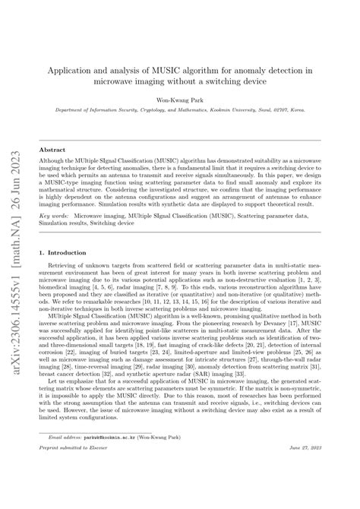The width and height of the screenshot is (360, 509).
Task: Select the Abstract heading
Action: pyautogui.click(x=52, y=150)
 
